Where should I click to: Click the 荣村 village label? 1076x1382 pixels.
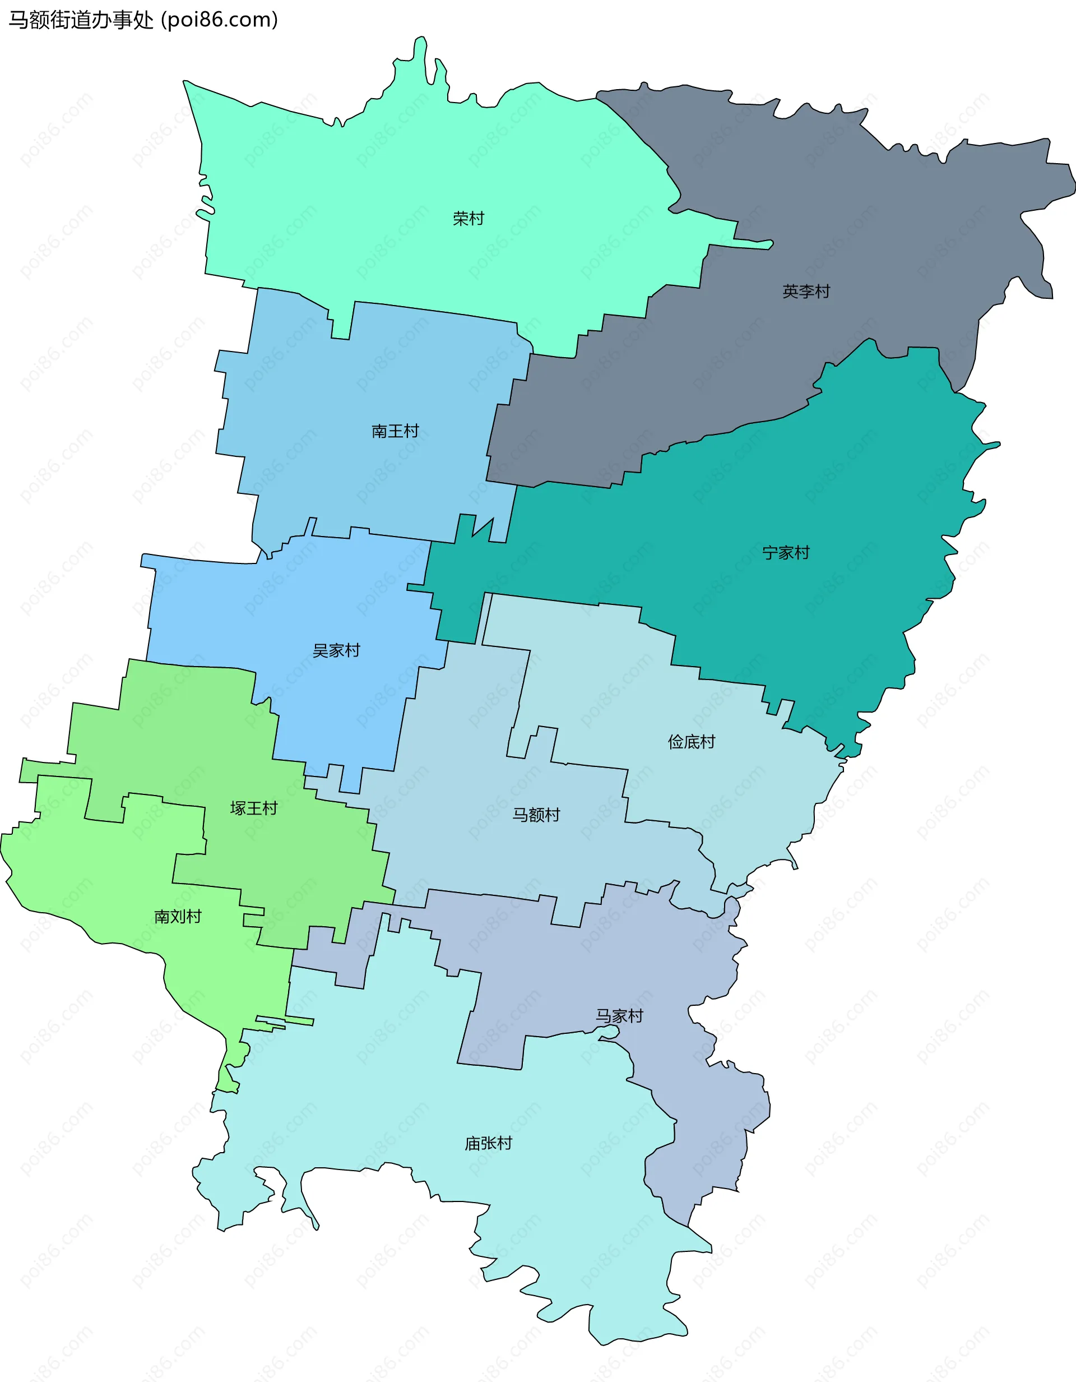pyautogui.click(x=468, y=218)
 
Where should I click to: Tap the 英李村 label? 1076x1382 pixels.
pyautogui.click(x=806, y=291)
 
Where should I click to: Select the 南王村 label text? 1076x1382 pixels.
pyautogui.click(x=395, y=431)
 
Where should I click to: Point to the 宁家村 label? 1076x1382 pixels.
pyautogui.click(x=786, y=552)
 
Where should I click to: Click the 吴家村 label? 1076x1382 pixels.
pyautogui.click(x=336, y=650)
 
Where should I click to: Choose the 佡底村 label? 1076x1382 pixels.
pyautogui.click(x=692, y=742)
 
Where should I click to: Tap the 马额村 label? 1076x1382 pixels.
pyautogui.click(x=536, y=815)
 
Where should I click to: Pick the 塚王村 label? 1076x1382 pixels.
pyautogui.click(x=254, y=808)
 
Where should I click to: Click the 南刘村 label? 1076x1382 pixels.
pyautogui.click(x=178, y=916)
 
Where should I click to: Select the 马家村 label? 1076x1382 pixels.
pyautogui.click(x=619, y=1016)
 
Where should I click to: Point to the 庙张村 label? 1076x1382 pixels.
pyautogui.click(x=488, y=1143)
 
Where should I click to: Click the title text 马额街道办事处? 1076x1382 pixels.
pyautogui.click(x=81, y=20)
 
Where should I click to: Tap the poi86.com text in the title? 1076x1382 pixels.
pyautogui.click(x=220, y=20)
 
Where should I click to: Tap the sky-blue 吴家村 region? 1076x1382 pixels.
pyautogui.click(x=285, y=608)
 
